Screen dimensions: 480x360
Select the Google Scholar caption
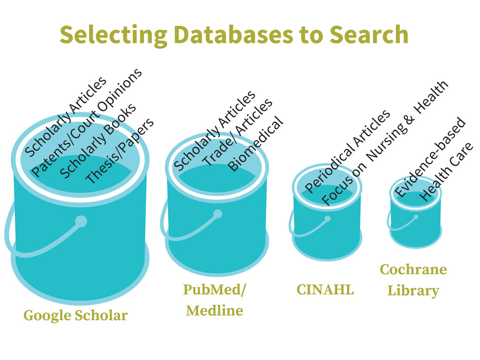point(75,315)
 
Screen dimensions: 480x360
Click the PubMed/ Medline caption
point(215,300)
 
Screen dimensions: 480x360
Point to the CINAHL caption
point(325,290)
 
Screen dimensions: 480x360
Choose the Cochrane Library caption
point(413,280)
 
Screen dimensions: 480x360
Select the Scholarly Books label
point(98,141)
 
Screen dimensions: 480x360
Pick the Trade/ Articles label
point(237,132)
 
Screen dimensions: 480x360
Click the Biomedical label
point(255,144)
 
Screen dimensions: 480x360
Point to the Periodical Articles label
point(347,151)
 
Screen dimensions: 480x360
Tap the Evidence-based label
point(430,157)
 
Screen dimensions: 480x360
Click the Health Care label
point(447,172)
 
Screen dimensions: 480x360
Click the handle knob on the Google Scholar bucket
point(81,221)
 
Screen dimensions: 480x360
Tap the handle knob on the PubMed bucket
point(217,214)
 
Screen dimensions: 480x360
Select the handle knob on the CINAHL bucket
point(327,219)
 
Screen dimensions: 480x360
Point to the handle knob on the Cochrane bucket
point(416,217)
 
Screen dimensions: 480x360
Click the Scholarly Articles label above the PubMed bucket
point(215,130)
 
